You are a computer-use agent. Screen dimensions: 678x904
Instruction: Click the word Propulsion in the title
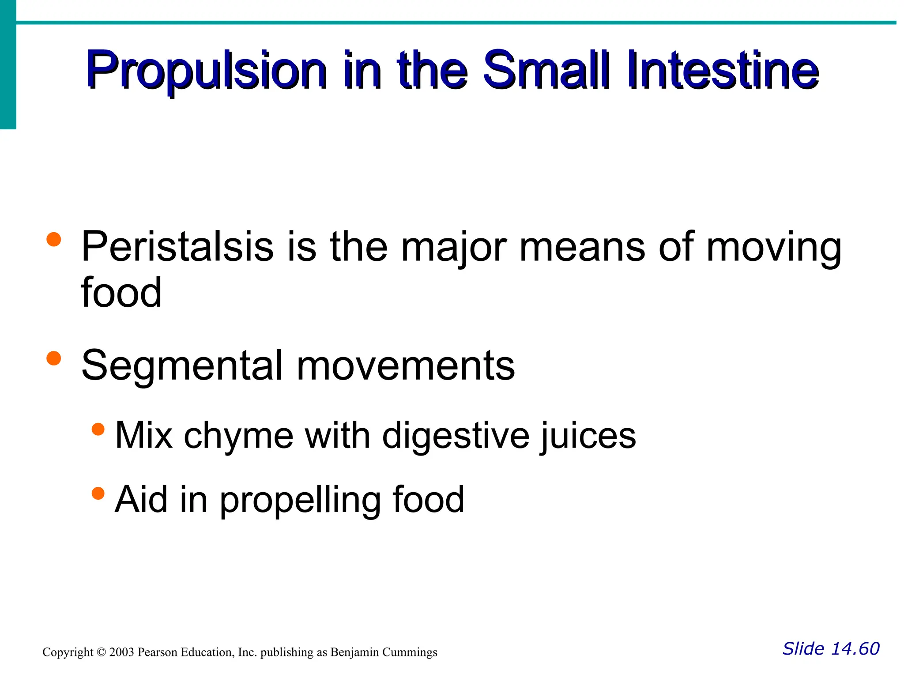tap(207, 71)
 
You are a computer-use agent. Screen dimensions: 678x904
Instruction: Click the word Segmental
tap(182, 365)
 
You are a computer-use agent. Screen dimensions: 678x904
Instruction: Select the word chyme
tap(238, 436)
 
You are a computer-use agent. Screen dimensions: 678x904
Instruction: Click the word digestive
tap(456, 436)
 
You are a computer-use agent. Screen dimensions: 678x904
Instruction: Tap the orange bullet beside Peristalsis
tap(53, 240)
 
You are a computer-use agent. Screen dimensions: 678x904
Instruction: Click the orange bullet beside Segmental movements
tap(53, 358)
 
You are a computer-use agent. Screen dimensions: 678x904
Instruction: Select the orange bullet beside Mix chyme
tap(98, 429)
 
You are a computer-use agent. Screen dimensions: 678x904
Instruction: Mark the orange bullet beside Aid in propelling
tap(98, 493)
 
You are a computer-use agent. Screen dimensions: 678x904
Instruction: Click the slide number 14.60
tap(855, 649)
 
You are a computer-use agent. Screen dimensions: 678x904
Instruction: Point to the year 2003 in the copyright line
tap(121, 652)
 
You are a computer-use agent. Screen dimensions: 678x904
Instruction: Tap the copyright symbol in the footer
tap(102, 652)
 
